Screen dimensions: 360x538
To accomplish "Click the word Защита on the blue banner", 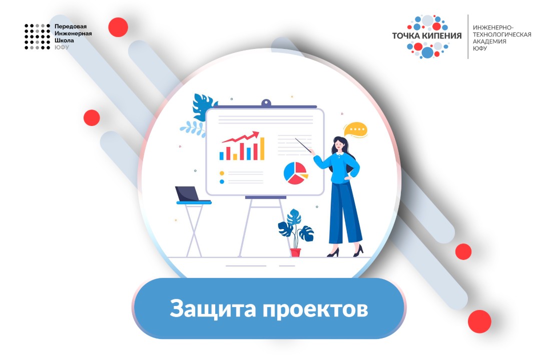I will [x=210, y=308].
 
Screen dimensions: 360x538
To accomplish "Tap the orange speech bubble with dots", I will [x=356, y=130].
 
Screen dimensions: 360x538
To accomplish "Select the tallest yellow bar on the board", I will [x=261, y=149].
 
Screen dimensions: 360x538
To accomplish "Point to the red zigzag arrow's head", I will [x=256, y=134].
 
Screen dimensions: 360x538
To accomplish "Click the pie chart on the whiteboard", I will [x=295, y=173].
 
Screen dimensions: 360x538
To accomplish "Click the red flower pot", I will [x=295, y=252].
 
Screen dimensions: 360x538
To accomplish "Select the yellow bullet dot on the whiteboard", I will [x=222, y=173].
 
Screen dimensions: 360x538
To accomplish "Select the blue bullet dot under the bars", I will [x=222, y=181].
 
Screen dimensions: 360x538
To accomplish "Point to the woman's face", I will [x=338, y=144].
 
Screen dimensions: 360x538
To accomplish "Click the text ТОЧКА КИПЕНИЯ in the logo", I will [x=427, y=35].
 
